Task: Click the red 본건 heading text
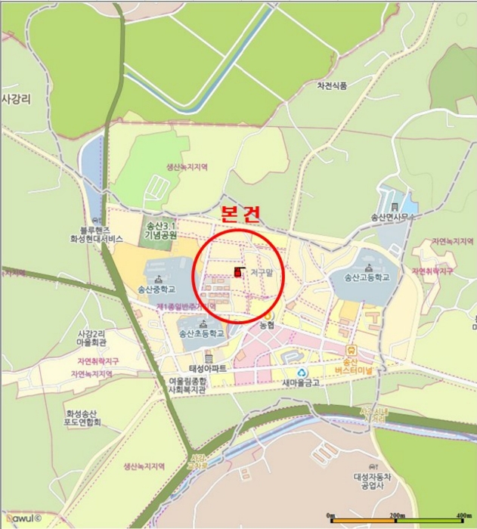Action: [x=240, y=213]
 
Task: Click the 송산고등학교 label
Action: [x=367, y=277]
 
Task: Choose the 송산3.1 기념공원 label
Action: [x=160, y=230]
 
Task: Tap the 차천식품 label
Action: [x=332, y=86]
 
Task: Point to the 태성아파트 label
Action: [x=208, y=369]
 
